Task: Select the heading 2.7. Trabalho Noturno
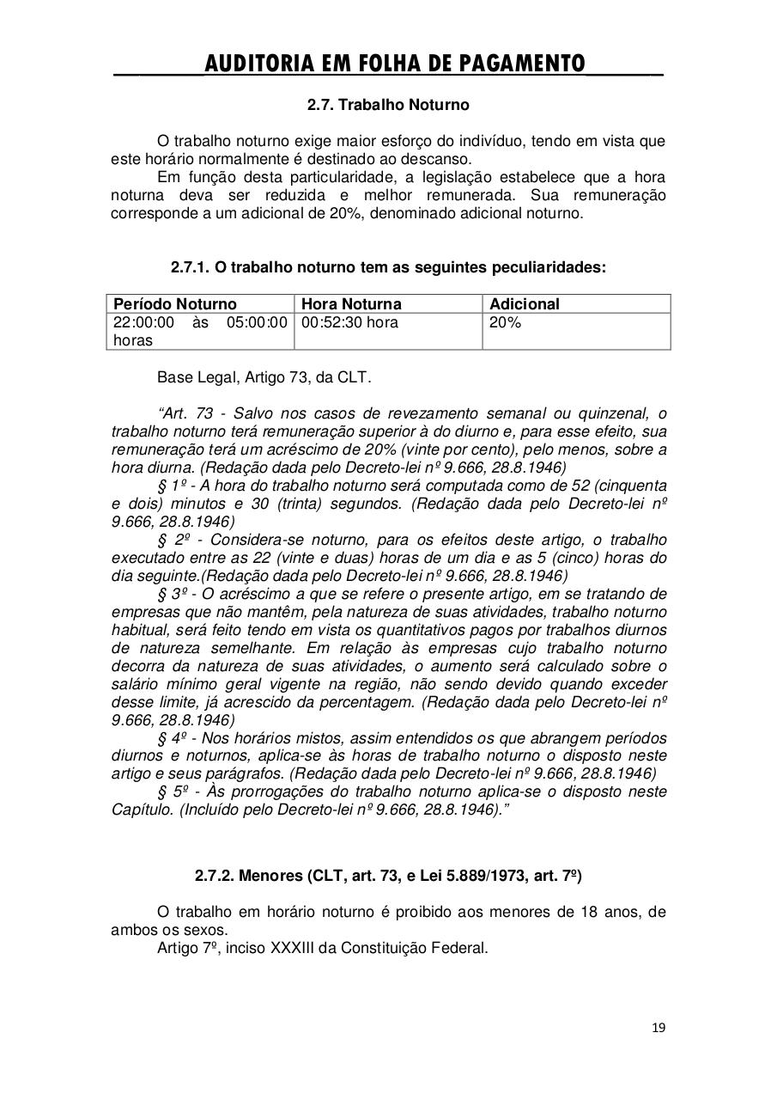pos(388,105)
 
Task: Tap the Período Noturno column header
pos(175,304)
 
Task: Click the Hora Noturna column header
pos(351,304)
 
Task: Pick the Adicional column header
pos(524,304)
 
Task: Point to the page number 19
pos(659,1028)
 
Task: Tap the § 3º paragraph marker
pos(167,594)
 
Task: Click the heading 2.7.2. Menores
pos(388,877)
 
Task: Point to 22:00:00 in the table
pos(143,323)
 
